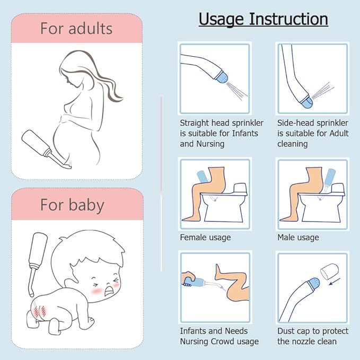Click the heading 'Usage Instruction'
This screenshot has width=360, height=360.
coord(263,19)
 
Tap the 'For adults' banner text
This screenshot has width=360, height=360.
coord(77,28)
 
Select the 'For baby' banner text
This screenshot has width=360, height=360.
coord(72,205)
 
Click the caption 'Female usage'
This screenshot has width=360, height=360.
coord(205,237)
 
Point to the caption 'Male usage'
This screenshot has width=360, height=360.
coord(298,237)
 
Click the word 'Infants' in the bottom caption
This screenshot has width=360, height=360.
coord(195,331)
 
